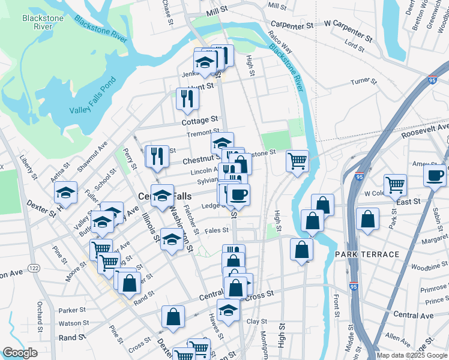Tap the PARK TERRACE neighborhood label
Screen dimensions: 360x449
coord(367,254)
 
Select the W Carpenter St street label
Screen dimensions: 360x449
coord(348,27)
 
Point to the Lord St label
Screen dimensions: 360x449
coord(354,45)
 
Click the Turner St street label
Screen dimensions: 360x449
coord(363,81)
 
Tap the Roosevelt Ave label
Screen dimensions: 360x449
coord(425,131)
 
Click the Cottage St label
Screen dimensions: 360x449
coord(200,121)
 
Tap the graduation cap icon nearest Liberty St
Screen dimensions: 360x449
coord(65,192)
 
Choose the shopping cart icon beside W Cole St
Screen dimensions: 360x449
coord(395,185)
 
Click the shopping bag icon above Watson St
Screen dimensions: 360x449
coord(173,317)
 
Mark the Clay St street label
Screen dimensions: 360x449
coord(256,322)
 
